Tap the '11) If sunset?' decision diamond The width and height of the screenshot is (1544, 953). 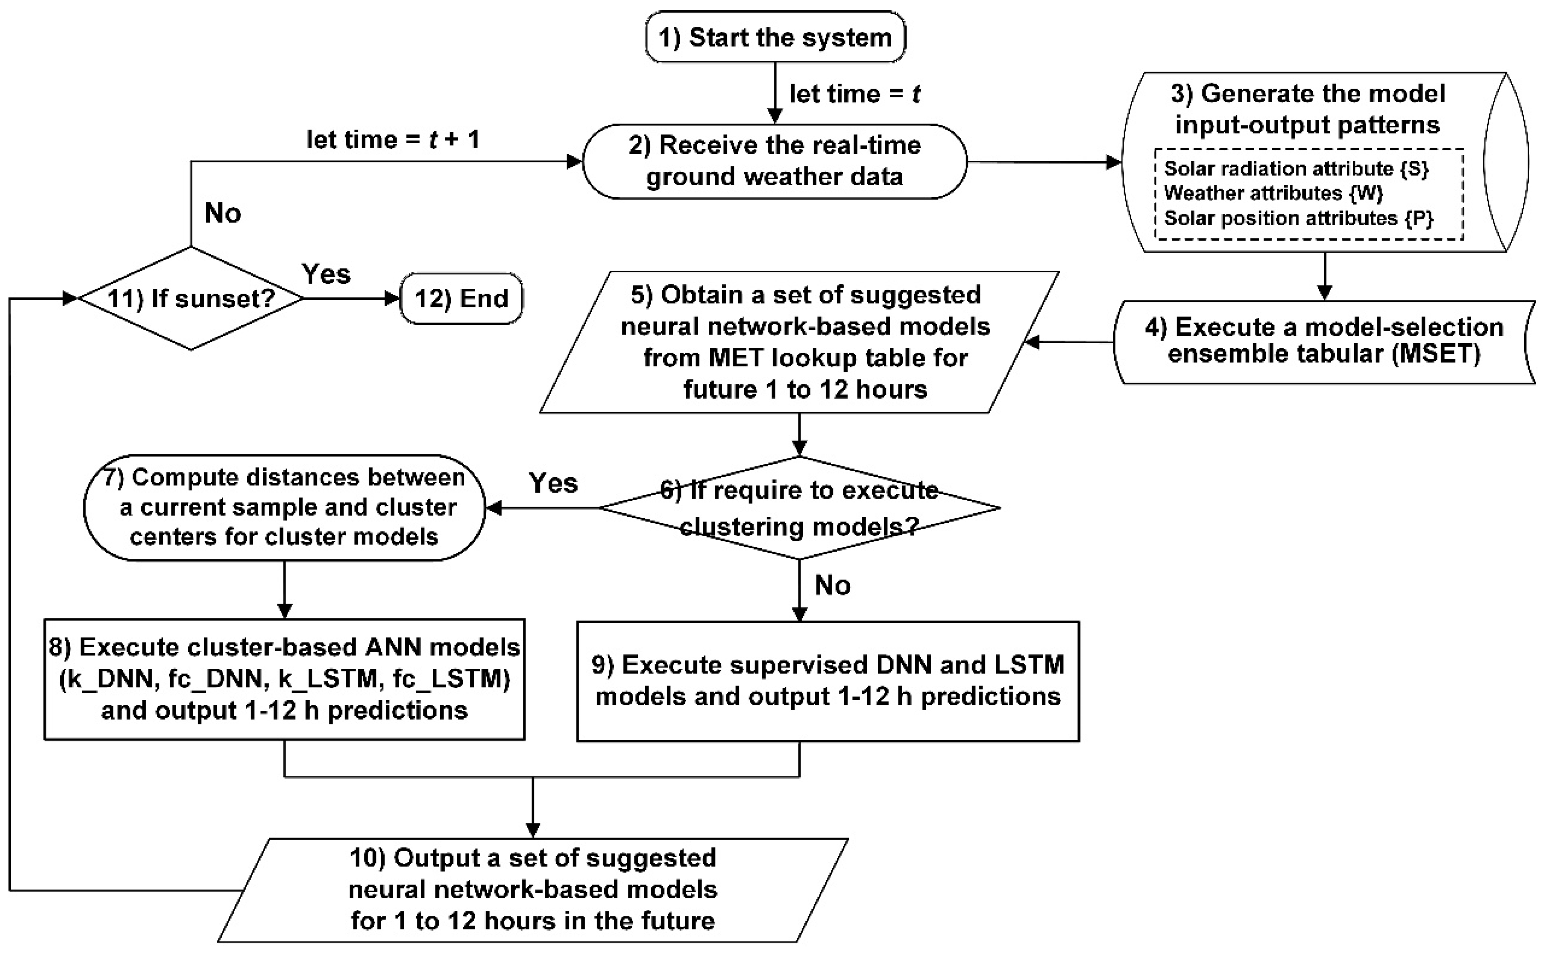point(191,298)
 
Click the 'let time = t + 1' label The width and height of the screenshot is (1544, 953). point(393,139)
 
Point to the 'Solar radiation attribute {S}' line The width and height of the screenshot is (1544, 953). point(1295,169)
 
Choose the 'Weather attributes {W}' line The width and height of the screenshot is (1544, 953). point(1273,193)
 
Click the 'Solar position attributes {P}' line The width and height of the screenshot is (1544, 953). point(1298,218)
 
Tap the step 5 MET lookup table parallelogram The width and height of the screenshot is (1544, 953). point(798,342)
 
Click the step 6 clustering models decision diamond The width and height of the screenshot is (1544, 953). point(798,508)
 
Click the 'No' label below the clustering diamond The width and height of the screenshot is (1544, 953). point(832,586)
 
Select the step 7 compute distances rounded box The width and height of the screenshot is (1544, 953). point(284,507)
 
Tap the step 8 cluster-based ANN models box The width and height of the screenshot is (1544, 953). point(284,679)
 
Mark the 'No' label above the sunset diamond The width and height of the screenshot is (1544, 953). point(223,214)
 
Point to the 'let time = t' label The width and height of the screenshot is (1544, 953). point(854,94)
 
